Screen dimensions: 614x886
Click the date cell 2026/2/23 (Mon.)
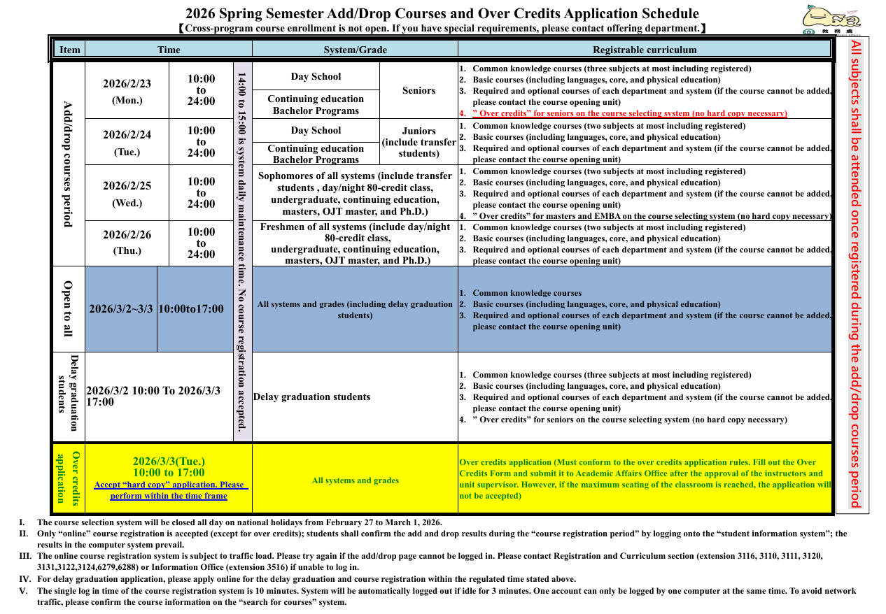point(127,91)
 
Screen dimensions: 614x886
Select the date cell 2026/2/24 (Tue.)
point(127,142)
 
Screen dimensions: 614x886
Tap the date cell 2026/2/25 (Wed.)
point(127,193)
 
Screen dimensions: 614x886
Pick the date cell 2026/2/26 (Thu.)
point(127,242)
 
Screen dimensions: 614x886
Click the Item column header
point(70,50)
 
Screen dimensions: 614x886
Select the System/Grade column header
point(355,50)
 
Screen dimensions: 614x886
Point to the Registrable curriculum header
point(645,50)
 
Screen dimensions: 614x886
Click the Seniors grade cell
point(419,90)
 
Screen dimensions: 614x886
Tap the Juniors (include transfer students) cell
point(419,142)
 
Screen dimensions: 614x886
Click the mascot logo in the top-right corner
point(831,18)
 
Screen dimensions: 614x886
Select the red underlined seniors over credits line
point(629,113)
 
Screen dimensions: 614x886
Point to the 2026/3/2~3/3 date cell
point(121,309)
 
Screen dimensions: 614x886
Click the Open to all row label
point(68,308)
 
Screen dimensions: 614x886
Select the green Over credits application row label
point(68,478)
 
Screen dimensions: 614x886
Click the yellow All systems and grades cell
point(355,480)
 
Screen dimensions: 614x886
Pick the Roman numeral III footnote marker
point(23,556)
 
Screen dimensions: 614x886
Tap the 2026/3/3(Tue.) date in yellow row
point(169,462)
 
